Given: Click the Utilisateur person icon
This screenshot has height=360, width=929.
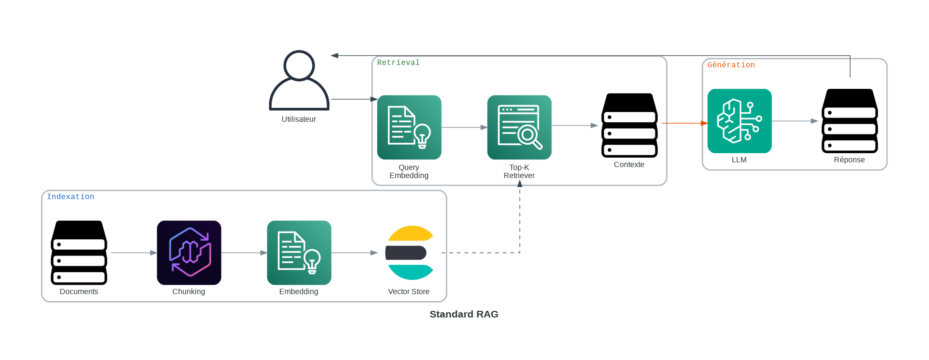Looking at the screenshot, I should tap(299, 81).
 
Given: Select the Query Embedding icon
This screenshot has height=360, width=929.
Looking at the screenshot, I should tap(409, 127).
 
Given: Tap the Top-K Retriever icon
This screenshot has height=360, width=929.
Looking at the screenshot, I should tap(519, 127).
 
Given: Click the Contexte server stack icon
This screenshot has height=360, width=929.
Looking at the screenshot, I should tap(629, 126).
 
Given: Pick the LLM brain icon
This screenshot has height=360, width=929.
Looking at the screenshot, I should tap(739, 121).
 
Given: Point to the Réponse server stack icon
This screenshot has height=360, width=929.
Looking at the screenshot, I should tap(849, 121).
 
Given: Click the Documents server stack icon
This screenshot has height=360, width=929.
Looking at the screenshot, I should tap(79, 253).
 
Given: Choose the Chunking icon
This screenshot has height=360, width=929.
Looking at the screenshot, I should tap(189, 253).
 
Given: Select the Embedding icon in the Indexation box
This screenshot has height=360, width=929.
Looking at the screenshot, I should tap(299, 253).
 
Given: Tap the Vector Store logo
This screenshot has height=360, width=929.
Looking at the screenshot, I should tap(409, 253).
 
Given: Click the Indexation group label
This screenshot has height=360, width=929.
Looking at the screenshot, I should tap(71, 197).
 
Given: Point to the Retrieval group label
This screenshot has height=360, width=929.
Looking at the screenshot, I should tap(398, 63).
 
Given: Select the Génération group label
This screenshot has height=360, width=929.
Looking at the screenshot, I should tap(731, 65).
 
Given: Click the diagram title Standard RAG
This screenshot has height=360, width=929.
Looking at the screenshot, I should tap(464, 314).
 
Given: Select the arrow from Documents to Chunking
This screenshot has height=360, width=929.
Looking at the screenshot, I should tap(134, 253).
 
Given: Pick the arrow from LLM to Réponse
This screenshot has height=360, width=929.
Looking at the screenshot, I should tap(795, 121).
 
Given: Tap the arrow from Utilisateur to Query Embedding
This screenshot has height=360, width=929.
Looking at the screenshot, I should tap(354, 99).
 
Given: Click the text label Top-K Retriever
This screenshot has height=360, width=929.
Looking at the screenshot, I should tap(519, 171).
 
